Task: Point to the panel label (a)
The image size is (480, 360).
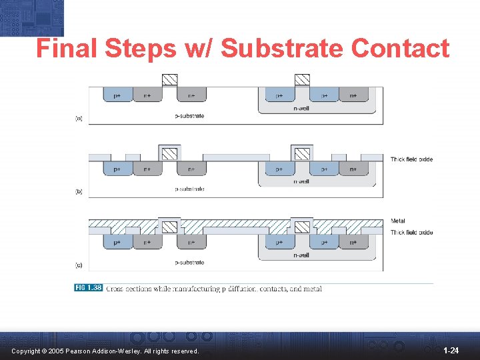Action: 79,118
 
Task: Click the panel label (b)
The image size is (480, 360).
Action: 79,191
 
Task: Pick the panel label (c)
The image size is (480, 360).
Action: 79,265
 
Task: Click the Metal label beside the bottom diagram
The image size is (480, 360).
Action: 398,221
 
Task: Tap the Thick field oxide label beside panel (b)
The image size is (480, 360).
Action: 411,159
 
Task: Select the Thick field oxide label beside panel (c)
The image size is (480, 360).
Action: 411,232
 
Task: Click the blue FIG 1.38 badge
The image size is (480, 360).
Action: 88,288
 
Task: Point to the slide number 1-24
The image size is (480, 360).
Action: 451,350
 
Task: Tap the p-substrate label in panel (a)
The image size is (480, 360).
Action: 189,116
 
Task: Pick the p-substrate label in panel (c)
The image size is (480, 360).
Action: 189,263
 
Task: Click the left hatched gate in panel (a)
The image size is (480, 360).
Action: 170,79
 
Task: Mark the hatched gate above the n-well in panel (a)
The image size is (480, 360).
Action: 303,79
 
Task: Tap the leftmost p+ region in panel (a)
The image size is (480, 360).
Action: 117,95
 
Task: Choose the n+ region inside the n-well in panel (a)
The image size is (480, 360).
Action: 353,95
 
